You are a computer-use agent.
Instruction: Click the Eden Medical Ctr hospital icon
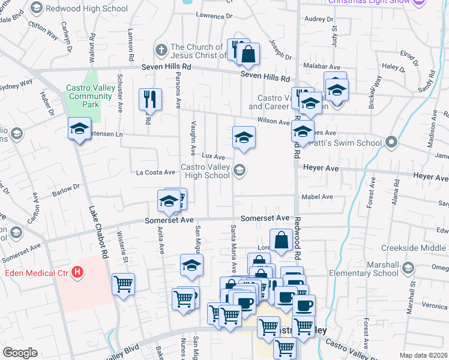77,273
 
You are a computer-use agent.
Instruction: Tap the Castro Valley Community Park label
91,96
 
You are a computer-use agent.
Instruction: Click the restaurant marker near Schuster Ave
149,99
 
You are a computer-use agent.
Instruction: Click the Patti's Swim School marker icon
391,142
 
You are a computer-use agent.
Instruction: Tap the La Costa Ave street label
155,172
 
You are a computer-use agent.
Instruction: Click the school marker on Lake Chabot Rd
79,129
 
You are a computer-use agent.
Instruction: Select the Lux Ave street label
213,156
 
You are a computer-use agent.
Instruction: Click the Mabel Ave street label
318,196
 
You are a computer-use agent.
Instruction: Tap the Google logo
20,353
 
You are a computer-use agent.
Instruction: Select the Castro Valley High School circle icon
240,171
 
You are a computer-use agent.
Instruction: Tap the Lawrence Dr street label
209,15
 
